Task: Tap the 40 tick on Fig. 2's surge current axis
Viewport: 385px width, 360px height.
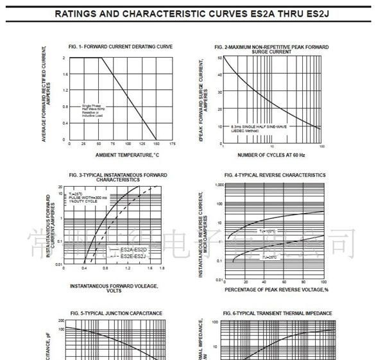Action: (219, 74)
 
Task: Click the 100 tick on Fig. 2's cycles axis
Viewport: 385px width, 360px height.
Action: (321, 147)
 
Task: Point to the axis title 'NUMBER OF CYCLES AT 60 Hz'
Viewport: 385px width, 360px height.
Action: (271, 155)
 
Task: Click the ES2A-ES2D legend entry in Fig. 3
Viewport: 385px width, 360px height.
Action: (134, 249)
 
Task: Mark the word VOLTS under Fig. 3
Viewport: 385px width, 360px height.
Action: (114, 291)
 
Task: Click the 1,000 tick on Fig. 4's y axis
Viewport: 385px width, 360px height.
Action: (218, 185)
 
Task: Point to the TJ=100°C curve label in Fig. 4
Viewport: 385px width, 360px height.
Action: (268, 230)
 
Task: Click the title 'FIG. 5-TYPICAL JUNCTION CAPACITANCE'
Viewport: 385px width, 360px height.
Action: (120, 313)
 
